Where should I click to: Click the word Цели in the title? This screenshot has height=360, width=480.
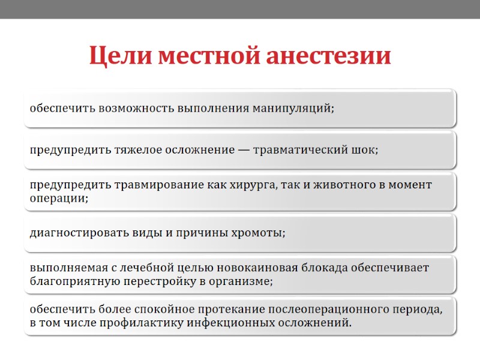119,57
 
